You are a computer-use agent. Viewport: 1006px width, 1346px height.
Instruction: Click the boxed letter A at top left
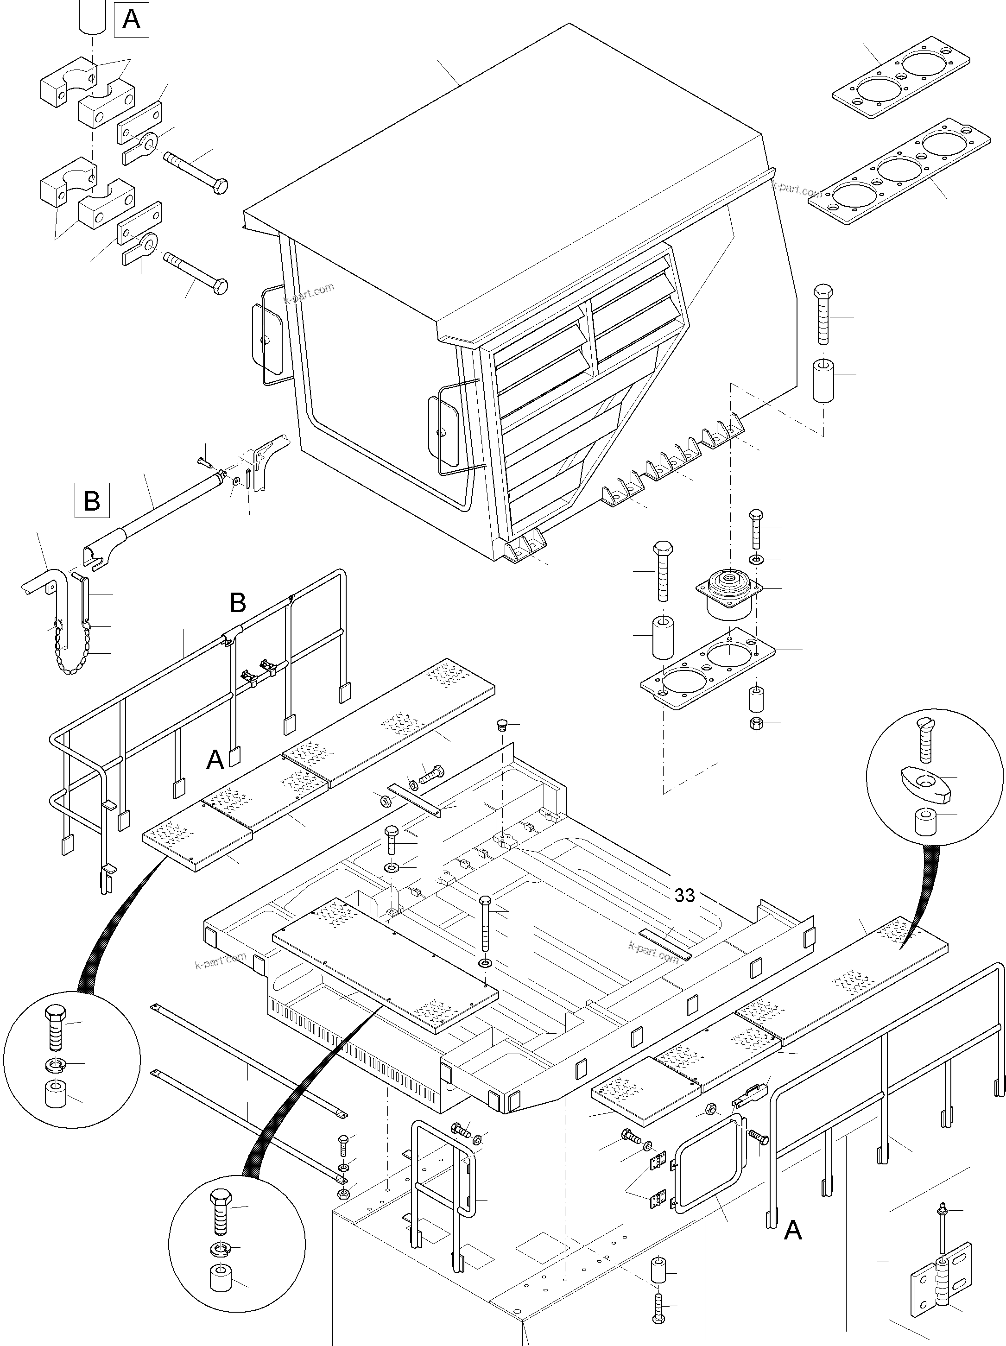click(132, 20)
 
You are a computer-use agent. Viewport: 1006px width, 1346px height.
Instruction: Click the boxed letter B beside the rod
click(92, 500)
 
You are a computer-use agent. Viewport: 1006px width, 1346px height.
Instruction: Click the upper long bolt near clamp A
click(195, 171)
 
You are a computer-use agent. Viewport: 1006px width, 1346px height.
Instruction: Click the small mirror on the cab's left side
click(266, 338)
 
